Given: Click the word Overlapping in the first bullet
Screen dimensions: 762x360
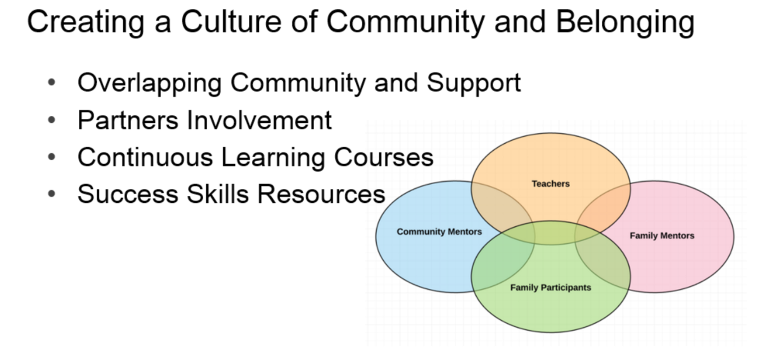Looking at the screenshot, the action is pyautogui.click(x=150, y=83).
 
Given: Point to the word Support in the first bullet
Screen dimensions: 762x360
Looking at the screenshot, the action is pyautogui.click(x=474, y=83).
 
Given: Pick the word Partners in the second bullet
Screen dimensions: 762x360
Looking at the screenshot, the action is pyautogui.click(x=128, y=120).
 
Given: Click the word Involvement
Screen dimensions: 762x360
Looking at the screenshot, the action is pyautogui.click(x=259, y=120).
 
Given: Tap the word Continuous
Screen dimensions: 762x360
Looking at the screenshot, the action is pyautogui.click(x=145, y=157).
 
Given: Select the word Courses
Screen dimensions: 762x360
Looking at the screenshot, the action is pyautogui.click(x=384, y=157).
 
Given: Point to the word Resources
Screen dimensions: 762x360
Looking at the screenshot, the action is pyautogui.click(x=321, y=194).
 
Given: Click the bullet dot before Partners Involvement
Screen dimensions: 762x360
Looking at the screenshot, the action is pyautogui.click(x=52, y=120).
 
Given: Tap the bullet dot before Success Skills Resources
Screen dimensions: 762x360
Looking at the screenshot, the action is pyautogui.click(x=52, y=194).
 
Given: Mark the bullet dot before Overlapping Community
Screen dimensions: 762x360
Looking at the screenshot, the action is pyautogui.click(x=52, y=83).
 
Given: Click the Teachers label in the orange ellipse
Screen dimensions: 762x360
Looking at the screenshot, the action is pyautogui.click(x=551, y=184).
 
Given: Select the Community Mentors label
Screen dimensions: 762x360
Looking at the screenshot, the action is pyautogui.click(x=439, y=232).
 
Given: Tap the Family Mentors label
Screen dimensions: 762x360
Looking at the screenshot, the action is pyautogui.click(x=662, y=235).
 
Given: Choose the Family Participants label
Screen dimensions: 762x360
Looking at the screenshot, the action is pyautogui.click(x=551, y=287).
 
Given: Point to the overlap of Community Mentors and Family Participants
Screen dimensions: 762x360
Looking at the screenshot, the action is pyautogui.click(x=500, y=262).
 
